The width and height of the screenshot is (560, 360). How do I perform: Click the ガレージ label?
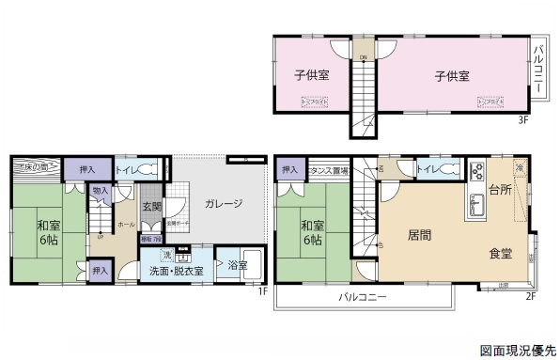pyautogui.click(x=224, y=203)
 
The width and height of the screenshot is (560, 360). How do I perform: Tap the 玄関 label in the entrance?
pyautogui.click(x=151, y=207)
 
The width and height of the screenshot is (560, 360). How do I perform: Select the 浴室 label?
pyautogui.click(x=238, y=266)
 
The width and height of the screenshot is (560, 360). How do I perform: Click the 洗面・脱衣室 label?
pyautogui.click(x=177, y=271)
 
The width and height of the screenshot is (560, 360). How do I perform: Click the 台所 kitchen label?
pyautogui.click(x=500, y=191)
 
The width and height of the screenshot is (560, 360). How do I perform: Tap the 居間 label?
pyautogui.click(x=420, y=232)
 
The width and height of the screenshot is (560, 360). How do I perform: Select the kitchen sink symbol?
pyautogui.click(x=474, y=210)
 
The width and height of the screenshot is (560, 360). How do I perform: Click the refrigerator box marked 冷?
pyautogui.click(x=520, y=166)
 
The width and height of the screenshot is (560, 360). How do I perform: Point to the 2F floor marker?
pyautogui.click(x=530, y=297)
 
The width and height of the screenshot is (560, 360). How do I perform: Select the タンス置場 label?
pyautogui.click(x=330, y=171)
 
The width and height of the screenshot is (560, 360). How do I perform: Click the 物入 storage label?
pyautogui.click(x=100, y=191)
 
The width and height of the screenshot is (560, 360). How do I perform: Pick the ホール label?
pyautogui.click(x=125, y=226)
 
